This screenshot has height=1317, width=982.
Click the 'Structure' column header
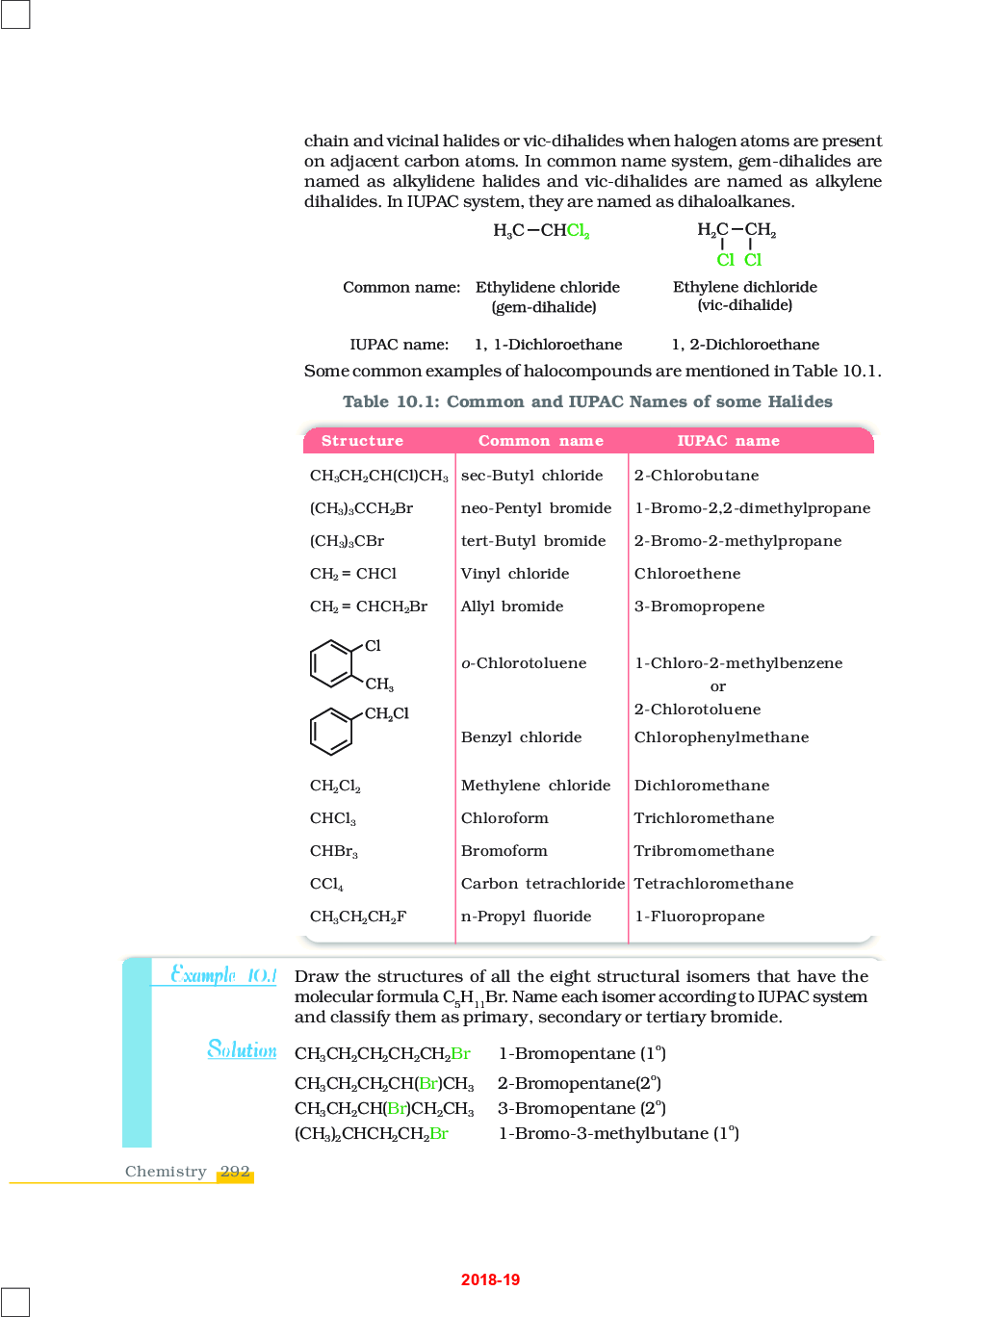click(x=362, y=441)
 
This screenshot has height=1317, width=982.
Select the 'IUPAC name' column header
click(x=728, y=441)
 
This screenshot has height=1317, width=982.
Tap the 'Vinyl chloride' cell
click(x=515, y=574)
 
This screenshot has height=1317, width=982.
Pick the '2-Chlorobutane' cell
click(x=696, y=476)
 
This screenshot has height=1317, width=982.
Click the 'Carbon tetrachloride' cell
click(x=542, y=884)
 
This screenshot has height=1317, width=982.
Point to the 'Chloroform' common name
click(x=504, y=818)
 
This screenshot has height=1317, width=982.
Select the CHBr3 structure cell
click(x=333, y=852)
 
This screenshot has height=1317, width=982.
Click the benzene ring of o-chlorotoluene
click(x=331, y=663)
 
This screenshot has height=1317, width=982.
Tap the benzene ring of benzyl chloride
click(x=331, y=732)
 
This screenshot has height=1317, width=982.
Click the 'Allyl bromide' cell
click(x=512, y=607)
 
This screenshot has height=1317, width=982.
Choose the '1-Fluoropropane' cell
click(x=699, y=917)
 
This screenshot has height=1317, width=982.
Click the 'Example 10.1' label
click(x=223, y=975)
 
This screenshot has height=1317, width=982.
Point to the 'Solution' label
click(x=242, y=1049)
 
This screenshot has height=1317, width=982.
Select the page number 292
click(x=235, y=1172)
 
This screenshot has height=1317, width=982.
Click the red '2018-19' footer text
click(x=490, y=1279)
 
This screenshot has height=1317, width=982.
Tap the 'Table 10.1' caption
click(x=587, y=401)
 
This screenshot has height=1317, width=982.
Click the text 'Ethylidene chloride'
click(x=547, y=287)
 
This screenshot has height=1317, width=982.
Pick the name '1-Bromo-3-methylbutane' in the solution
click(x=604, y=1133)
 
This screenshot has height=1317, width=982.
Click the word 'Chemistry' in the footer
click(x=166, y=1172)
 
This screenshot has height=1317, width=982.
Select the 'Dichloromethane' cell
click(x=702, y=786)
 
